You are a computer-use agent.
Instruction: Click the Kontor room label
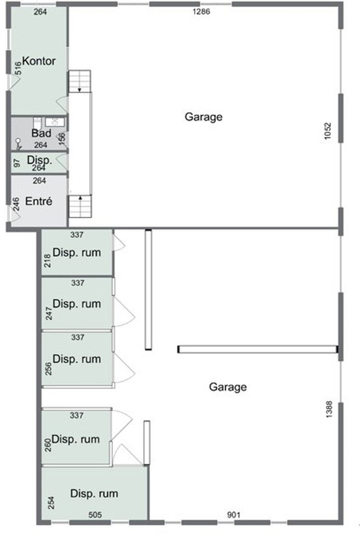tap(39, 61)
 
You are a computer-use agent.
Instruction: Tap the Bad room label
tap(41, 133)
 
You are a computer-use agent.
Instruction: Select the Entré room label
tap(39, 201)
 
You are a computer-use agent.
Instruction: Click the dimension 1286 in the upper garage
tap(201, 12)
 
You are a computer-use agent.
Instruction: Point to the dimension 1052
tap(328, 131)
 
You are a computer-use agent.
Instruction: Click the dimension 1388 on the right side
tap(329, 409)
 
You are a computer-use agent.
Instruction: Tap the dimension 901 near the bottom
tap(234, 515)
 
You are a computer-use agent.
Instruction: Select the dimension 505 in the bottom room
tap(95, 515)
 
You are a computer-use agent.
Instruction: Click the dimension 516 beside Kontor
tap(18, 68)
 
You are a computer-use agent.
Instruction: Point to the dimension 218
tap(47, 261)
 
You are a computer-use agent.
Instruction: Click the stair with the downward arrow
tap(79, 81)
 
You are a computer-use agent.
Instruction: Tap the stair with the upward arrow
tap(80, 206)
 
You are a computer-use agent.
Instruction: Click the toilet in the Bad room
tap(38, 124)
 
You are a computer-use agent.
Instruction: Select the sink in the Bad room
tap(55, 122)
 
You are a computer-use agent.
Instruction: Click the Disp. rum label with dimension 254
tap(94, 493)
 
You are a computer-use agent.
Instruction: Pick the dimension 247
tap(49, 314)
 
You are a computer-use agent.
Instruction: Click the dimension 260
tap(48, 444)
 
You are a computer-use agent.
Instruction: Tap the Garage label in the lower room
tap(228, 387)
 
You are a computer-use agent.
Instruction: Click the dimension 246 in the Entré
tap(16, 204)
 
